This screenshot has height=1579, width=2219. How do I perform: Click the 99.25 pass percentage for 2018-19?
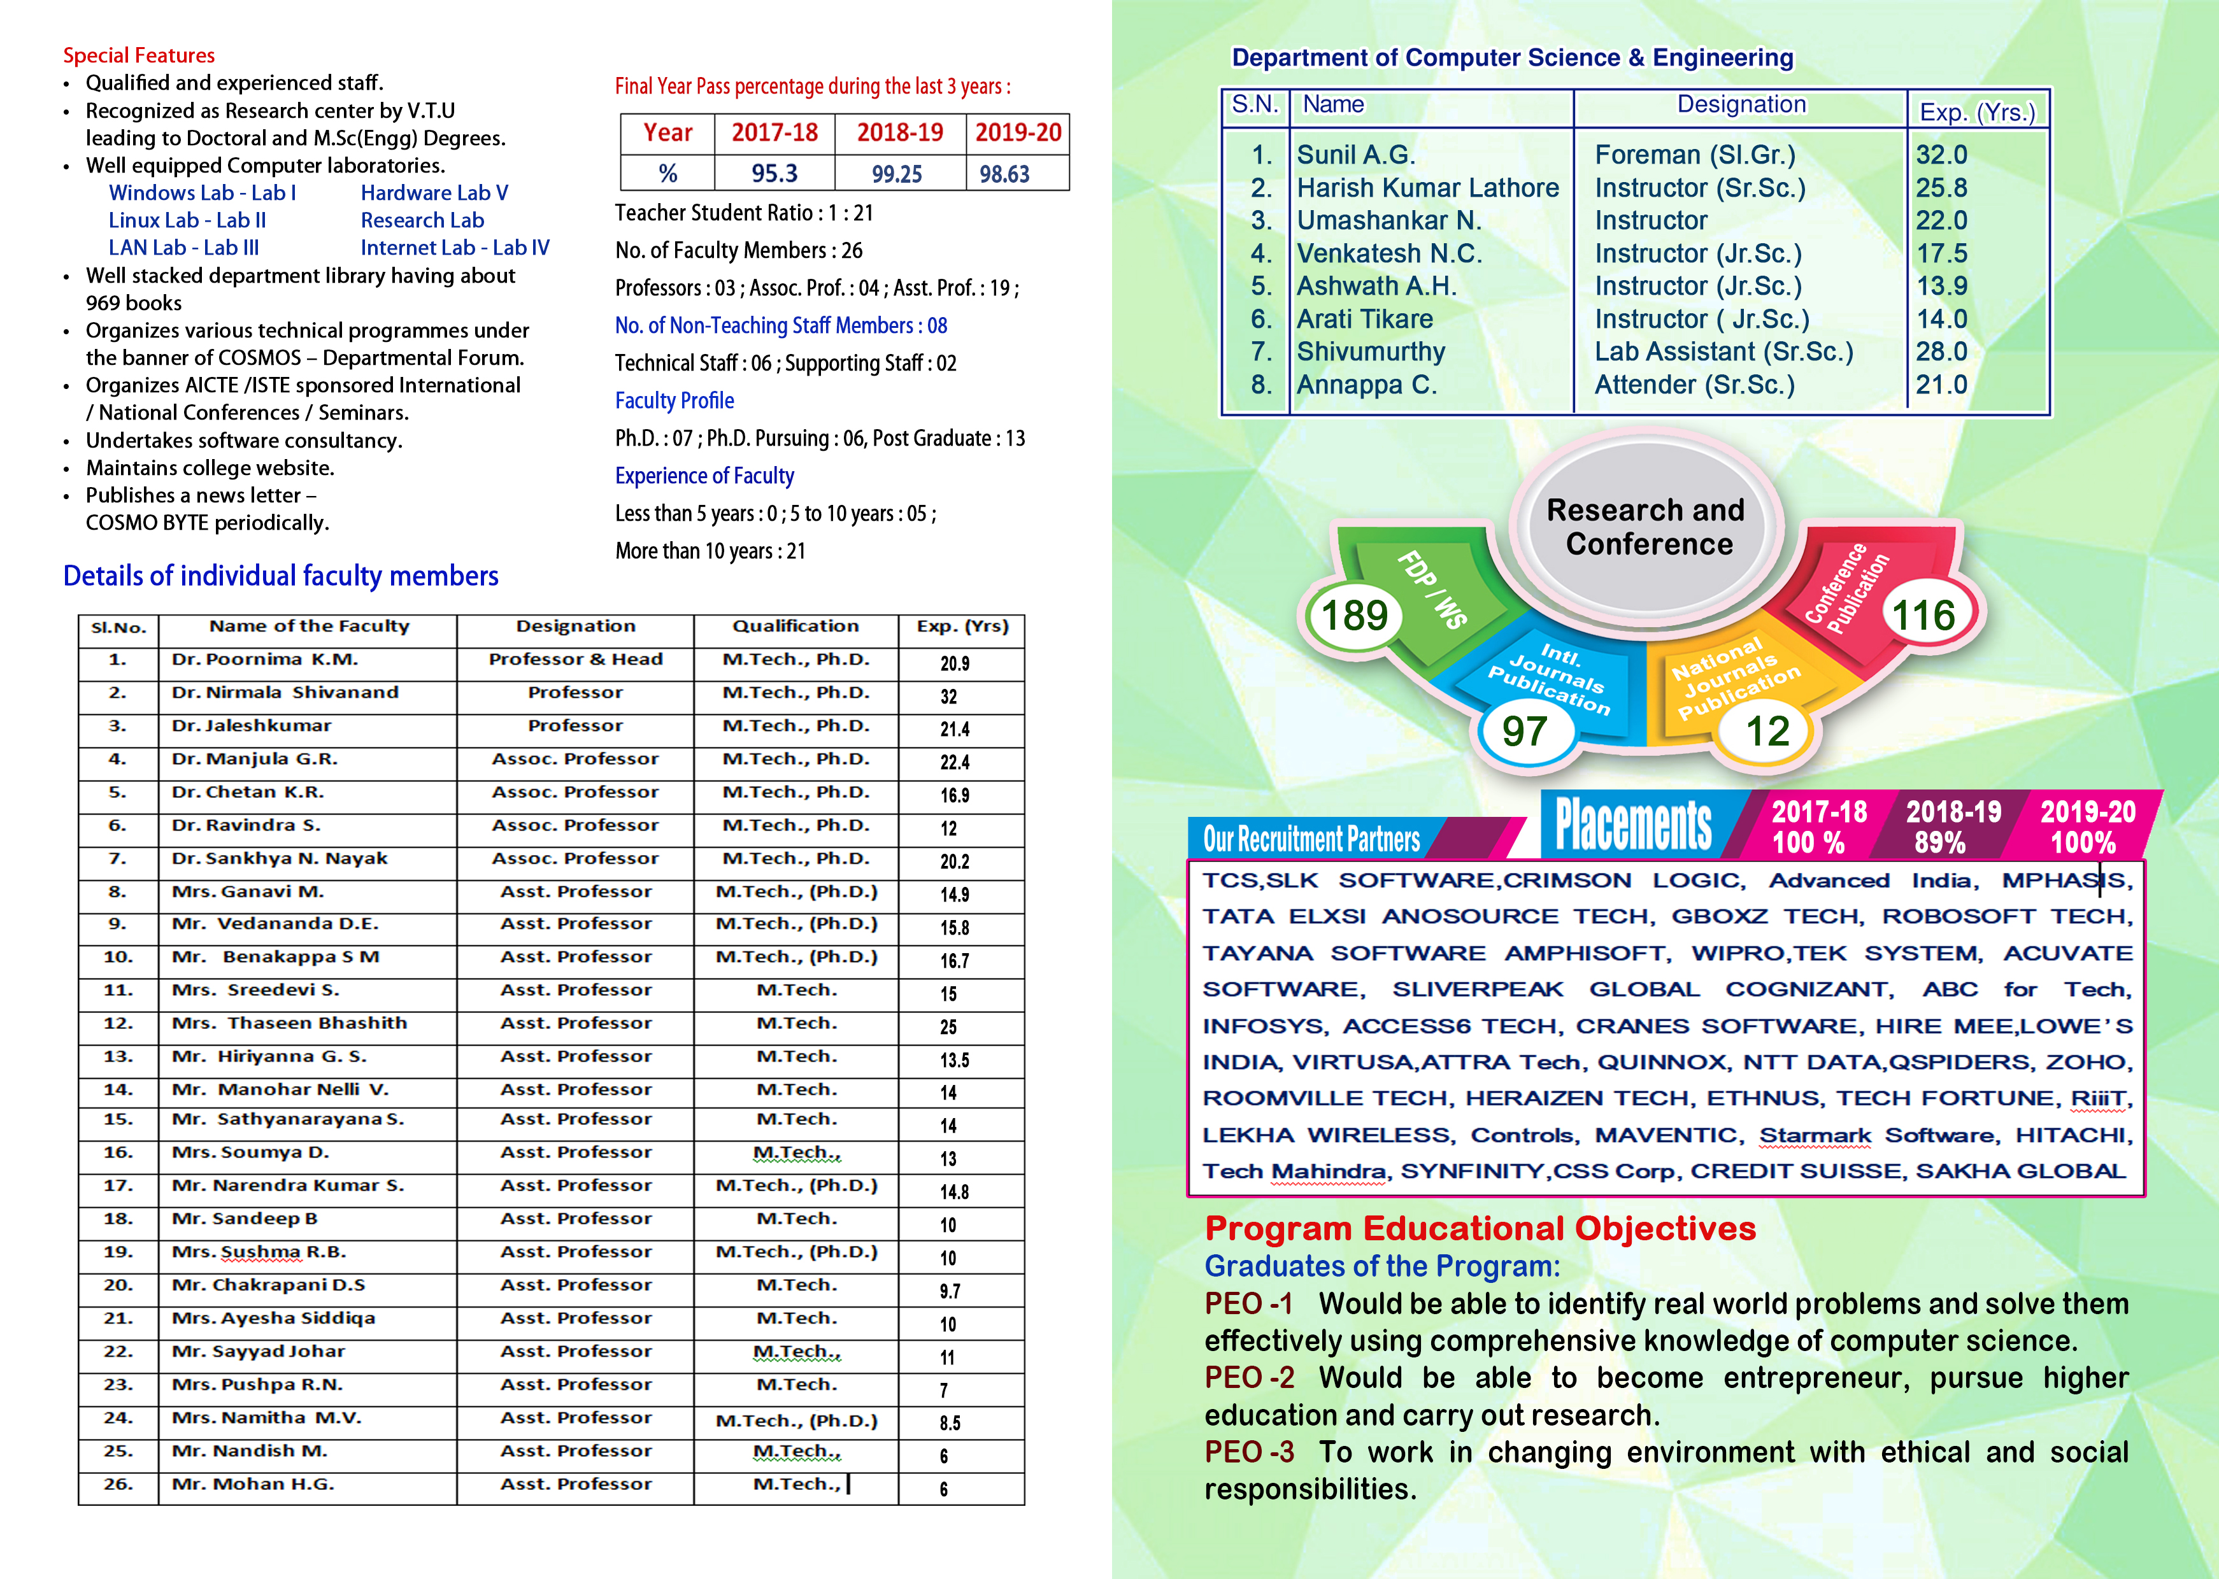tap(897, 174)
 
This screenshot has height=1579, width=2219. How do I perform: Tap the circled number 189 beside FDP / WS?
tap(1353, 616)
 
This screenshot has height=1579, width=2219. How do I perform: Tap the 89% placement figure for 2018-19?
tap(1940, 843)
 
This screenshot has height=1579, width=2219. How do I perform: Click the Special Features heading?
tap(139, 55)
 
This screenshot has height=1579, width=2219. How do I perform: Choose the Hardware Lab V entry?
tap(434, 194)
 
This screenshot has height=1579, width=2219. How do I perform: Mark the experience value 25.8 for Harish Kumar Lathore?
tap(1941, 188)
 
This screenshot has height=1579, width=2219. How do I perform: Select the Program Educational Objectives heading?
tap(1480, 1229)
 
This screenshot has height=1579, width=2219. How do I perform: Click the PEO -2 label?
tap(1248, 1378)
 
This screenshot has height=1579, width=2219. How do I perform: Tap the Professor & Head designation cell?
tap(576, 660)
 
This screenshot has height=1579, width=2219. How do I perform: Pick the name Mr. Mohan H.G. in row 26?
tap(253, 1485)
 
